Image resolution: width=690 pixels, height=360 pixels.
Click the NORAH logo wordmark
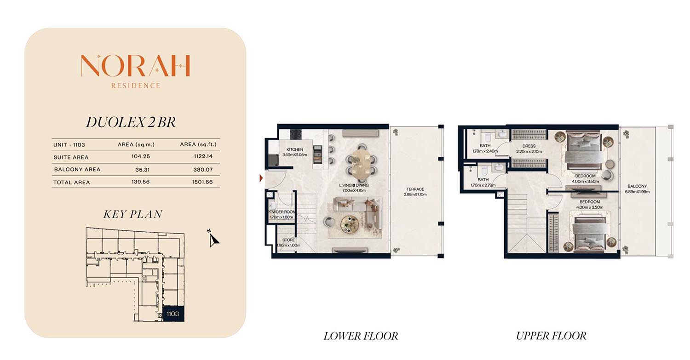(135, 65)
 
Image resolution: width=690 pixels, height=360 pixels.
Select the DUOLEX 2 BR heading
(131, 122)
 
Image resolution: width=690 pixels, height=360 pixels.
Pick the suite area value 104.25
(140, 156)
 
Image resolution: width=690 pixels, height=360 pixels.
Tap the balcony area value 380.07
(203, 169)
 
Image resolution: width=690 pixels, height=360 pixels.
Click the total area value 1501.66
(202, 182)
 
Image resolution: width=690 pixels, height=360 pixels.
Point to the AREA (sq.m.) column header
(136, 144)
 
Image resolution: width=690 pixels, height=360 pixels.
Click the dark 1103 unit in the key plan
(173, 314)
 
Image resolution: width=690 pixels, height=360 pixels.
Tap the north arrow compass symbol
(213, 238)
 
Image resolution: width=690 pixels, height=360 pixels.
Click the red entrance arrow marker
(261, 178)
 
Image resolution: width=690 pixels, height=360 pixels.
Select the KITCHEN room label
(295, 149)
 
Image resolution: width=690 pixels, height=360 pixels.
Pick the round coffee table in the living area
(350, 223)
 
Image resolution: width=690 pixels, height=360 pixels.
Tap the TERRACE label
(415, 189)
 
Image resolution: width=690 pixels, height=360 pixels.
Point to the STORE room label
(288, 240)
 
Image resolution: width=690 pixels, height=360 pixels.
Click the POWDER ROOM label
(281, 212)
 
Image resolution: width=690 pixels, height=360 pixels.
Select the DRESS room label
(529, 146)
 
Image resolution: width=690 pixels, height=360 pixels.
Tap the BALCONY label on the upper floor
(637, 186)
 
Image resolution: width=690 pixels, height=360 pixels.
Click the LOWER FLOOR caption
(361, 336)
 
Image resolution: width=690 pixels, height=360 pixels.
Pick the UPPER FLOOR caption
(552, 336)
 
